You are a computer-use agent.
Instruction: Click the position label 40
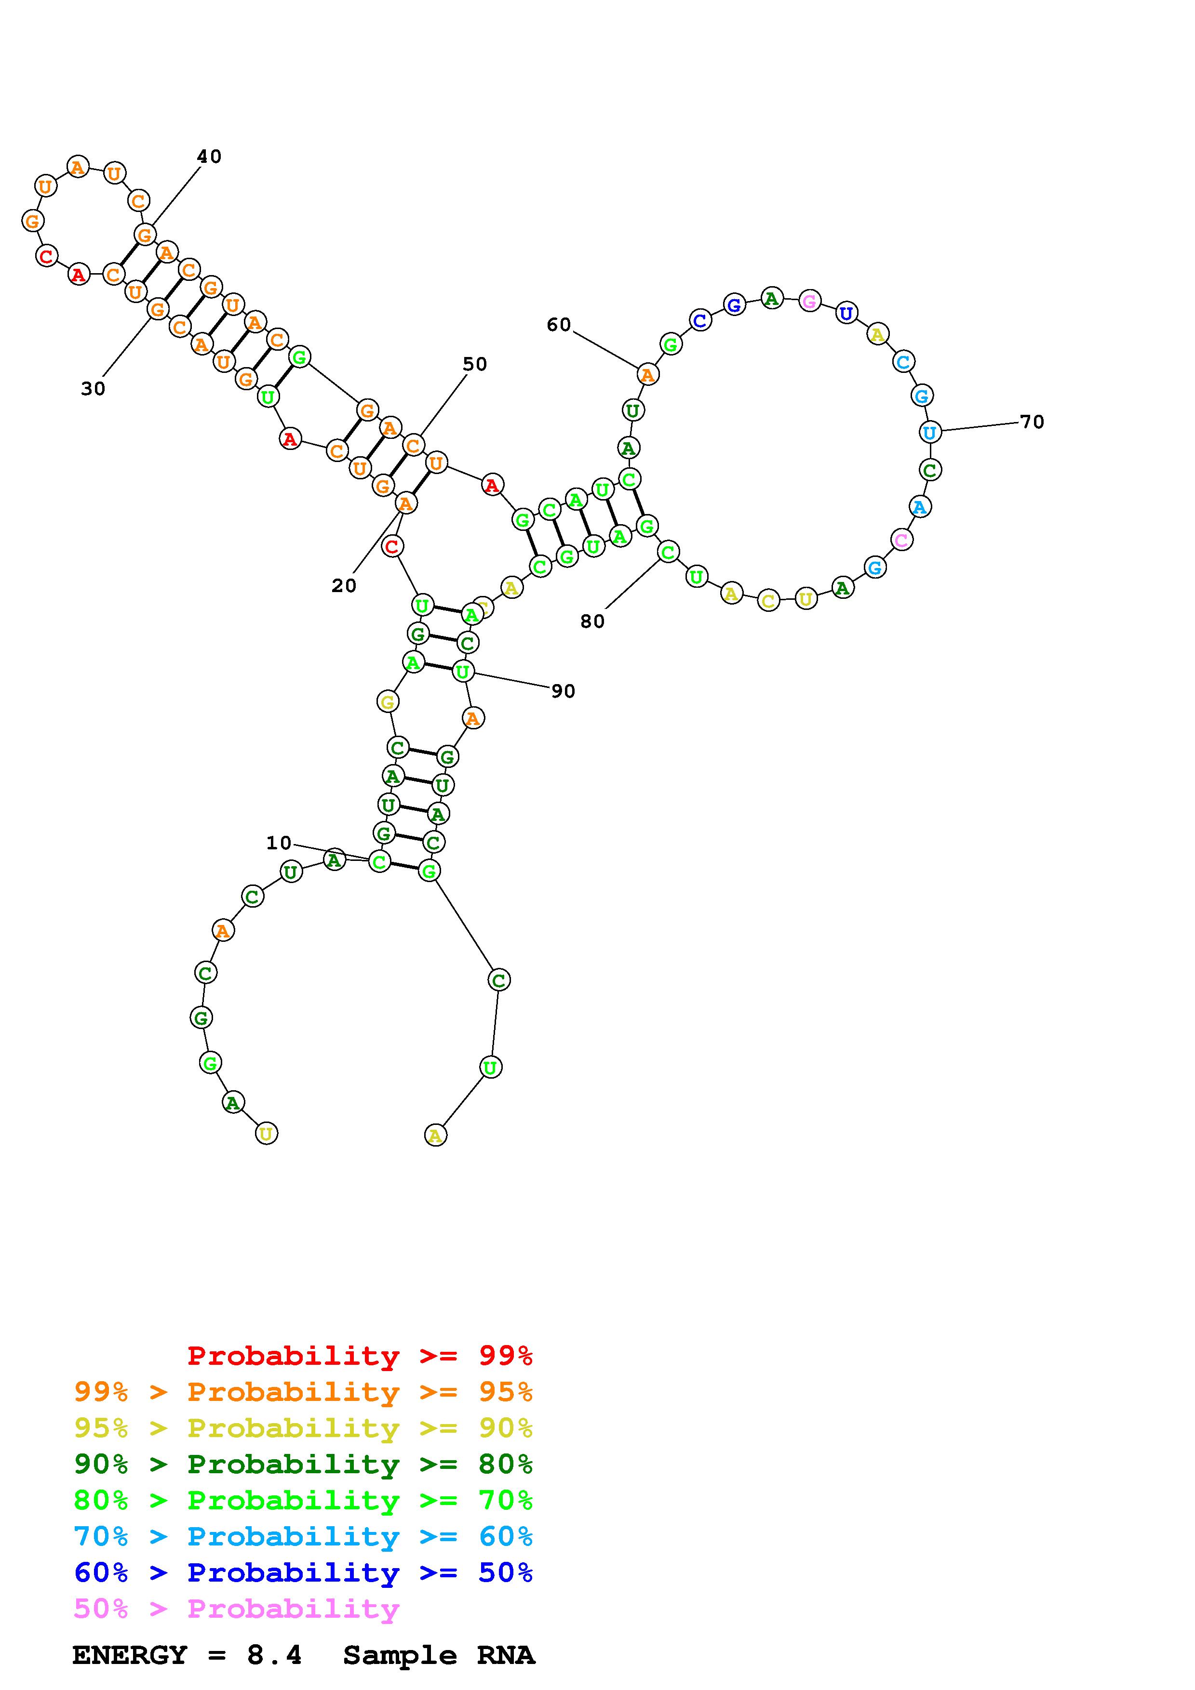pos(209,156)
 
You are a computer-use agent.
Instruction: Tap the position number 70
pos(1032,422)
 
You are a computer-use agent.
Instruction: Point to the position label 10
pos(279,843)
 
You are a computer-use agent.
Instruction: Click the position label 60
pos(559,325)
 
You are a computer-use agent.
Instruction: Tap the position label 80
pos(593,621)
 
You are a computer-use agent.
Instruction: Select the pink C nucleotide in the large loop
pos(902,540)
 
